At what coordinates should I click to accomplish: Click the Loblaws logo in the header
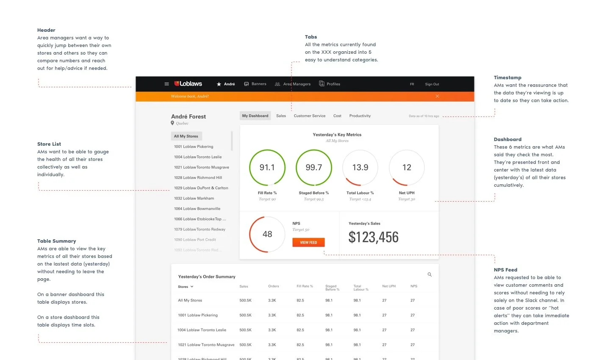click(x=188, y=84)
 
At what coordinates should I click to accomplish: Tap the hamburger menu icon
click(x=166, y=84)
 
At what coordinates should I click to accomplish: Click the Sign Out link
click(x=432, y=84)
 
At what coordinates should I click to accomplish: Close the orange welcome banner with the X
click(x=437, y=96)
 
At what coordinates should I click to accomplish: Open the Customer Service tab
click(x=309, y=116)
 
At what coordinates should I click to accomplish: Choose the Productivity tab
click(x=360, y=116)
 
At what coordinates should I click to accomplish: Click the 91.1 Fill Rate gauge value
click(x=267, y=168)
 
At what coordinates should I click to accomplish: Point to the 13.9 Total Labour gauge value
click(x=360, y=168)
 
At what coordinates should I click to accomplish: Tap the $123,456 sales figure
click(x=373, y=237)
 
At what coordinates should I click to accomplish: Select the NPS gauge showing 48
click(x=267, y=234)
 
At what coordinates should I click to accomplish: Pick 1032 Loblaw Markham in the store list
click(x=194, y=198)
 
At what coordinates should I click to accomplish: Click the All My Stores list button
click(x=186, y=136)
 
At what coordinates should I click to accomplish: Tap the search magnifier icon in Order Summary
click(x=430, y=274)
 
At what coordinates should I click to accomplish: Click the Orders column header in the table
click(x=273, y=286)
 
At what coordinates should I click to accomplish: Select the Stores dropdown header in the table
click(x=186, y=287)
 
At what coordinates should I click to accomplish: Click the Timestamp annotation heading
click(x=507, y=78)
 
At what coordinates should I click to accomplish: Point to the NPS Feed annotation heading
click(x=505, y=270)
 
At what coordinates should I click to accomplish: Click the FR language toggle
click(x=412, y=84)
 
